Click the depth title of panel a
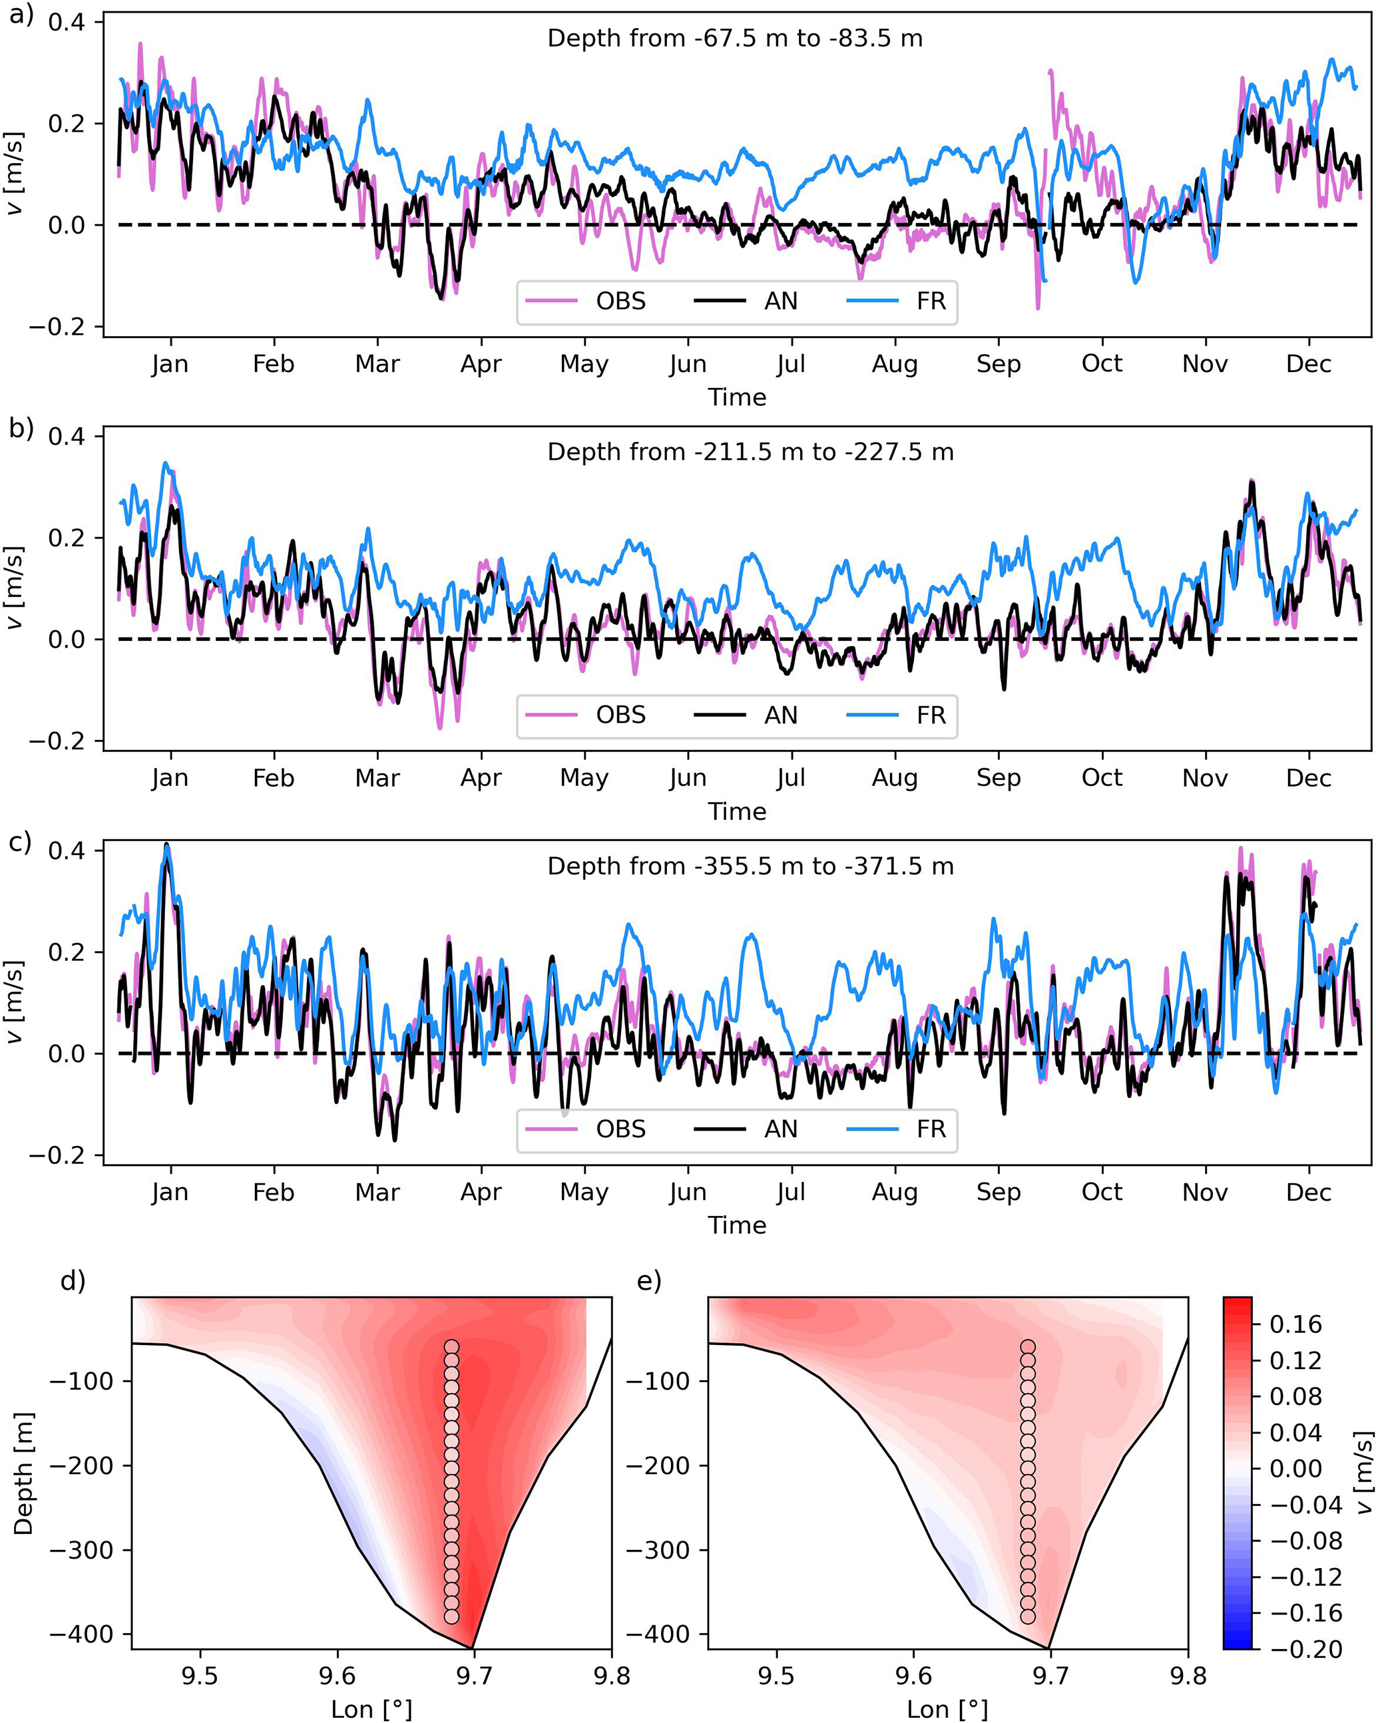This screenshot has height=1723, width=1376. (x=735, y=39)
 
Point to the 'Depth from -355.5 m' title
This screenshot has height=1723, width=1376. (x=750, y=866)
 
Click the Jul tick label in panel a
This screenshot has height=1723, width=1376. (x=791, y=365)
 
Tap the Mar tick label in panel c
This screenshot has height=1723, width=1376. (x=377, y=1193)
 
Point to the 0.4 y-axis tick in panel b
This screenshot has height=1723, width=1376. (x=67, y=437)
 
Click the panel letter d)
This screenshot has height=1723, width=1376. (x=73, y=1281)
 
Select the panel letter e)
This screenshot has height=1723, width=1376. (x=649, y=1281)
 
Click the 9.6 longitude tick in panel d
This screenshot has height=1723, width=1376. (x=337, y=1675)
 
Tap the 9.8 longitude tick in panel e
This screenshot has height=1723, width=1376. (x=1188, y=1675)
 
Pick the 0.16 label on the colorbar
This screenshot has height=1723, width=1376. (x=1296, y=1324)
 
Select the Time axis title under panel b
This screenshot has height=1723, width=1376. (x=736, y=811)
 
